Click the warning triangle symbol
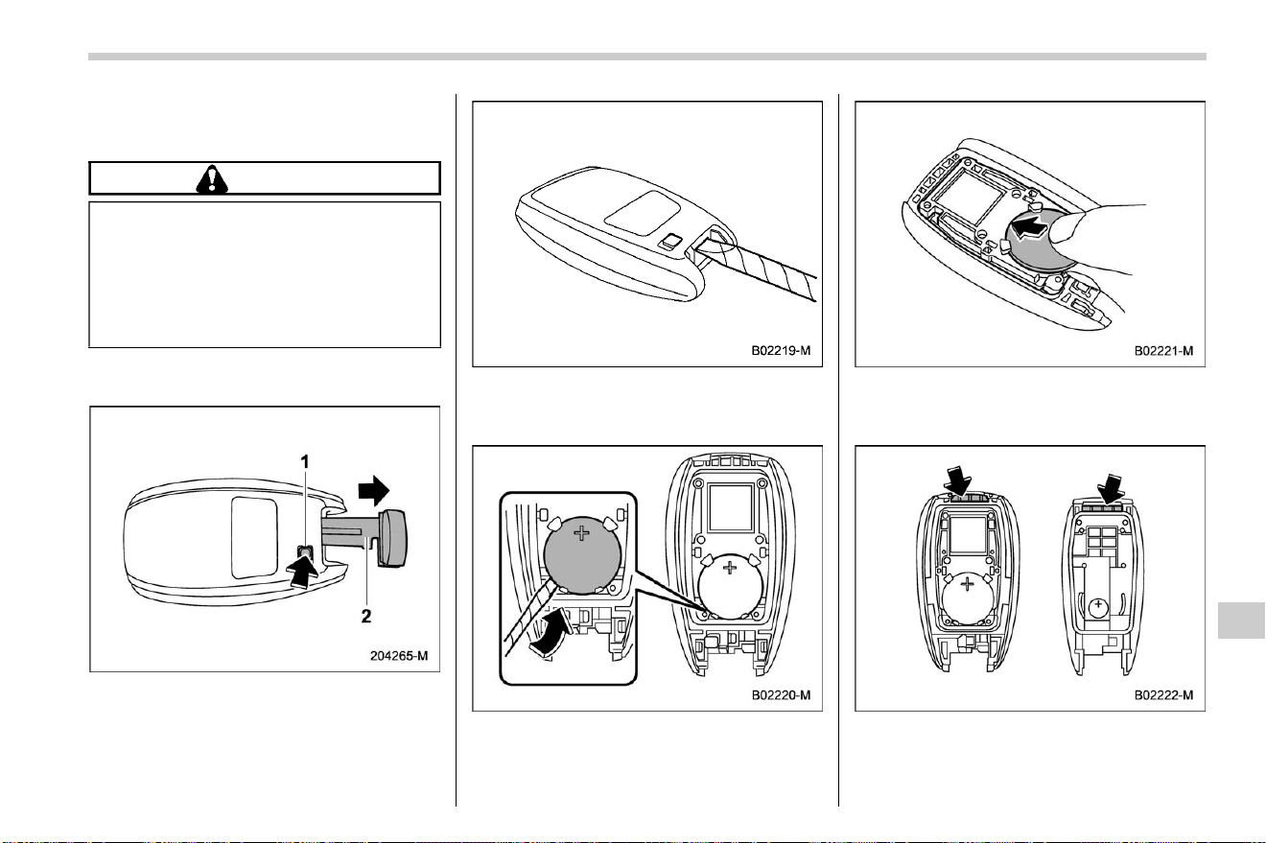(x=212, y=179)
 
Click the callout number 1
(x=305, y=462)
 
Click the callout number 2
(x=366, y=616)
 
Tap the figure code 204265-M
(x=399, y=655)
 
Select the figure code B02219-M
(x=781, y=351)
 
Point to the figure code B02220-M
(x=781, y=695)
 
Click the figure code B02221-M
(x=1163, y=351)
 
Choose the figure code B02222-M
(x=1163, y=695)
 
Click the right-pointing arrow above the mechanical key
(x=374, y=490)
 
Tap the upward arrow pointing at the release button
(x=303, y=571)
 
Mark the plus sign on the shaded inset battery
(x=581, y=533)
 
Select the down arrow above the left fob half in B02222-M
(x=958, y=481)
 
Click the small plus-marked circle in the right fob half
(x=1098, y=607)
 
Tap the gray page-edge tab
(x=1240, y=620)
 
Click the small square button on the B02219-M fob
(x=670, y=242)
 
